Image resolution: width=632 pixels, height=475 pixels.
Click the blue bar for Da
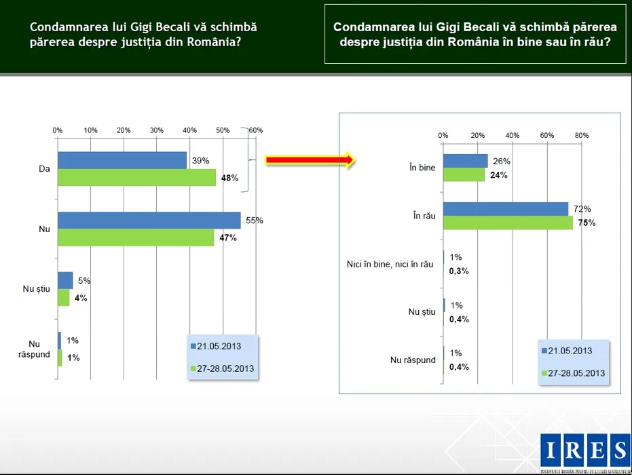(x=122, y=160)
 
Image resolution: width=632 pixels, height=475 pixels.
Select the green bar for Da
(x=136, y=178)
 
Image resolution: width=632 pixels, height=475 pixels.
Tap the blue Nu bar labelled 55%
(x=149, y=221)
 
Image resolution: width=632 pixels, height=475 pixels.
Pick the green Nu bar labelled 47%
(x=136, y=237)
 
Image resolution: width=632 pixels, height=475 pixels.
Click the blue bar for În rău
(x=506, y=209)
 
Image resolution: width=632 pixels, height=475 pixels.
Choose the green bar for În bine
(x=464, y=174)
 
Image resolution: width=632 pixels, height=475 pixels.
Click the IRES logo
(x=585, y=451)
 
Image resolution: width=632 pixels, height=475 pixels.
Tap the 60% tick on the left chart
(x=256, y=130)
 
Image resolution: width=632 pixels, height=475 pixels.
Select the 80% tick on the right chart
(x=582, y=135)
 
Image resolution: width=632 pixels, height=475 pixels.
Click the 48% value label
(x=229, y=178)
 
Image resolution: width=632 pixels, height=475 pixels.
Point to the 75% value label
(x=587, y=223)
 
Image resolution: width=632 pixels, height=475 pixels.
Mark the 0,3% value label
(x=460, y=271)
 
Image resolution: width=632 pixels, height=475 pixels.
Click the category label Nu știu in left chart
(x=37, y=290)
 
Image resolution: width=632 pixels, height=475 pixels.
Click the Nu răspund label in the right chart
(x=413, y=360)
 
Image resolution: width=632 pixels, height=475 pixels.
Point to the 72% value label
(x=582, y=208)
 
